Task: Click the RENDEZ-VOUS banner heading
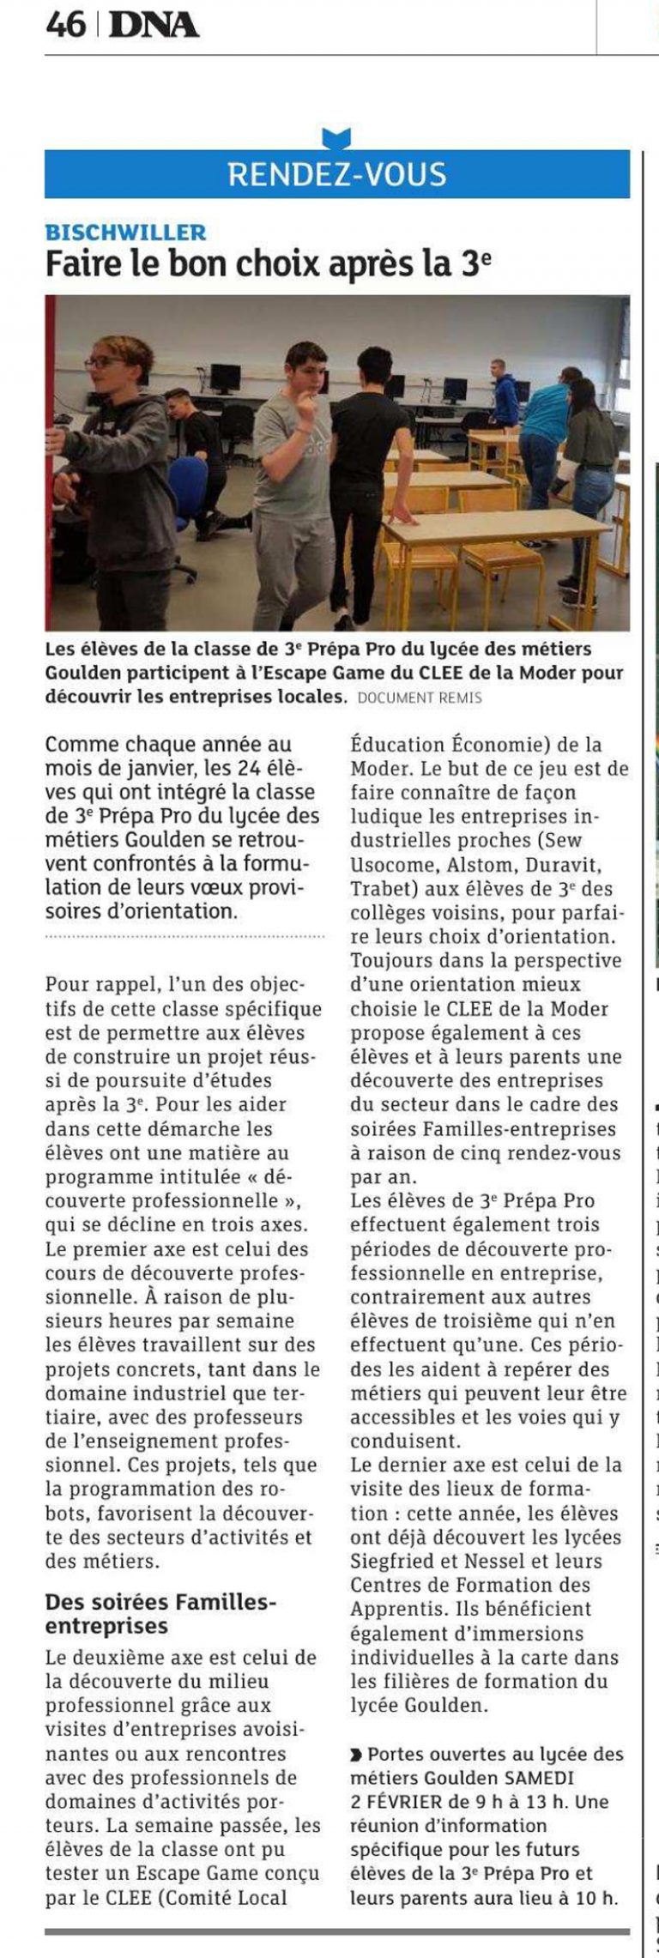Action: click(x=336, y=174)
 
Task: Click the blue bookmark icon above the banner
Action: click(x=336, y=137)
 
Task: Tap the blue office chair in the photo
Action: click(x=187, y=489)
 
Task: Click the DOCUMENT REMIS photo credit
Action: click(x=420, y=698)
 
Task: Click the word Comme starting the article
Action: click(x=83, y=744)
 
